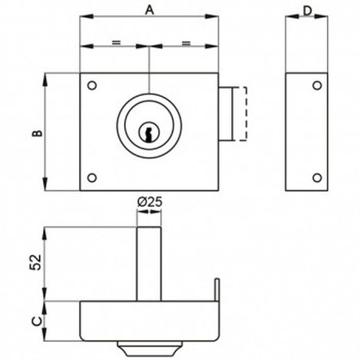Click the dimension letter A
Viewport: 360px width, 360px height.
[150, 10]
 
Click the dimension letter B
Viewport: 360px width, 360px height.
[37, 133]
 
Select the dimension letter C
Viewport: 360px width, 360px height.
[37, 321]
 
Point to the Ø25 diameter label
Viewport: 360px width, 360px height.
[150, 202]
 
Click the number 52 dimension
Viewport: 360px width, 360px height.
[35, 262]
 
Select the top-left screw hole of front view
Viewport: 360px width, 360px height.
[92, 85]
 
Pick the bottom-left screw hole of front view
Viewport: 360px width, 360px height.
[92, 178]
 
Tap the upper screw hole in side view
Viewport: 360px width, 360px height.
[317, 85]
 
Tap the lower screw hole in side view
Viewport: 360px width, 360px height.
[317, 178]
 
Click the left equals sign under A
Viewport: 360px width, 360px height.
[116, 42]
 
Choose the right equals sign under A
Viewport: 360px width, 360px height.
[186, 43]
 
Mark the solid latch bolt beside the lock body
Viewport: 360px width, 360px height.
[226, 114]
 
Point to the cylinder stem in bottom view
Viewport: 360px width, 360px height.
[149, 264]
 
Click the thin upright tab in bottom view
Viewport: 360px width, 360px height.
[217, 290]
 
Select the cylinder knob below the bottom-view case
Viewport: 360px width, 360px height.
[149, 348]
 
